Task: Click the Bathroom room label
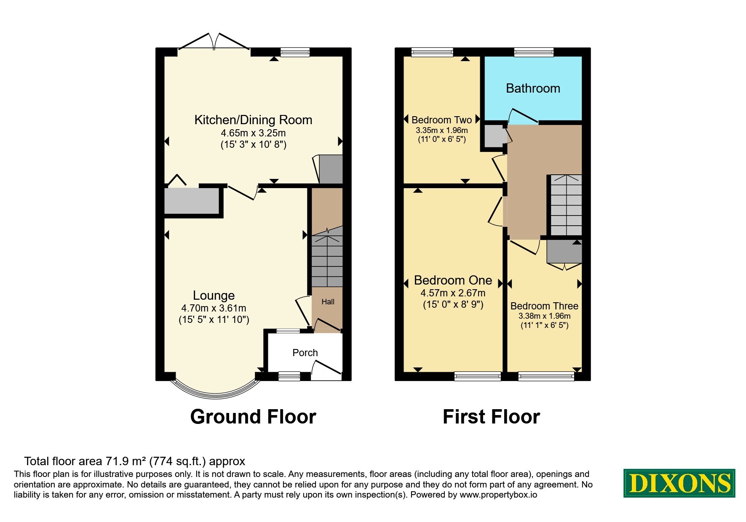tap(533, 88)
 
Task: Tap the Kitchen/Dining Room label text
tap(253, 120)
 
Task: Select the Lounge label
tap(214, 296)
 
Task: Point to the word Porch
tap(305, 353)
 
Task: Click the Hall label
tap(328, 302)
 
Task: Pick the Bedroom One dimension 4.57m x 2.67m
tap(453, 293)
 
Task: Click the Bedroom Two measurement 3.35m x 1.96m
tap(442, 130)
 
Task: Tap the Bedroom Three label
tap(544, 306)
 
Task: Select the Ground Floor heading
tap(253, 417)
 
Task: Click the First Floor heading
tap(491, 417)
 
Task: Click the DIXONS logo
tap(679, 483)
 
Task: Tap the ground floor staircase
tap(327, 257)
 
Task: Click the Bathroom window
tap(534, 52)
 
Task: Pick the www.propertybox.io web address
tap(498, 495)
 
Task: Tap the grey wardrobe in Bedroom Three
tap(564, 252)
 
